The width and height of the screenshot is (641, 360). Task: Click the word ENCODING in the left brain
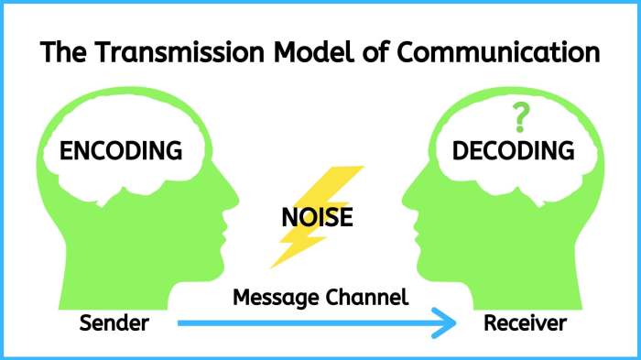121,150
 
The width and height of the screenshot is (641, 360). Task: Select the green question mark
521,117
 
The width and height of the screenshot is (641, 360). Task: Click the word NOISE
317,219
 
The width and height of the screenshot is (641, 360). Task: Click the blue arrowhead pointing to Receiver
443,322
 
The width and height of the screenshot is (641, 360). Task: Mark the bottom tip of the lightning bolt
272,267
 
